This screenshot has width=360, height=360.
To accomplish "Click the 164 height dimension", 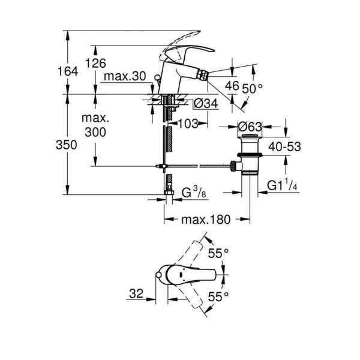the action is coord(68,71).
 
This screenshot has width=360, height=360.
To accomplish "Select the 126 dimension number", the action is coord(96,63).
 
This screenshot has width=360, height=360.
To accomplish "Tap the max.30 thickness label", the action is coord(125,76).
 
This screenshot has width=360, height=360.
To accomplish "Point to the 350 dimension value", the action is coord(67,145).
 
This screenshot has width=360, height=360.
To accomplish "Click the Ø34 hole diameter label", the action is coord(205,104).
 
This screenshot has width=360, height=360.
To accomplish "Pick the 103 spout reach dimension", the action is coord(188,124).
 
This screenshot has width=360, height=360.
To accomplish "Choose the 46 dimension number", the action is coord(232,86).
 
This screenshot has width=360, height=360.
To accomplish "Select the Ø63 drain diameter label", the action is coord(250,127).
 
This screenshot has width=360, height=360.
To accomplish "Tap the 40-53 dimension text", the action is coord(284,146).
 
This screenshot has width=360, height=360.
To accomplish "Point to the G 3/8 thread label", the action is coord(194,193).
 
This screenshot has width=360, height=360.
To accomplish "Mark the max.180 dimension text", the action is coord(206,220).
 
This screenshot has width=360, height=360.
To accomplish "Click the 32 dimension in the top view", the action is coord(136,293).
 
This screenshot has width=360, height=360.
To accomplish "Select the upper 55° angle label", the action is coord(218,253).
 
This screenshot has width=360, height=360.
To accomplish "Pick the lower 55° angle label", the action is coord(218,296).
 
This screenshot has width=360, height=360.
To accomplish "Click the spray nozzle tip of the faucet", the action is coord(202,76).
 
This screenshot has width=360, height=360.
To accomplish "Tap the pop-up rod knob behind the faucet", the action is coord(157,77).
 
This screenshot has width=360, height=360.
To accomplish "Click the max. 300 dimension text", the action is coord(95,125).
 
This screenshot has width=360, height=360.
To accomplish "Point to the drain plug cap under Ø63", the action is coord(250,136).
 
